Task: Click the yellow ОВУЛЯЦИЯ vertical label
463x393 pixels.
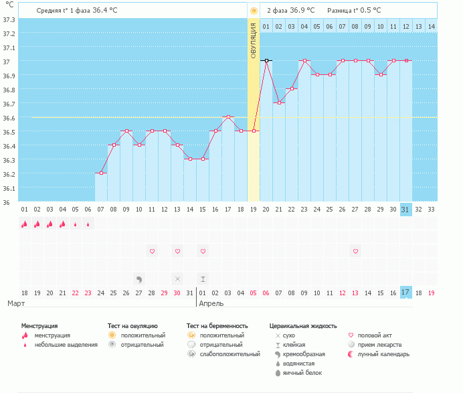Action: tap(253, 41)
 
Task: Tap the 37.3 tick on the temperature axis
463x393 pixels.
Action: tap(9, 19)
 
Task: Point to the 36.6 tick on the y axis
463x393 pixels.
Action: tap(9, 118)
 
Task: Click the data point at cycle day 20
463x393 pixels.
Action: tap(266, 60)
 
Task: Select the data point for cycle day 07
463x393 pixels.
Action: tap(101, 173)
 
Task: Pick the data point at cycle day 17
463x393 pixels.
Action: tap(228, 116)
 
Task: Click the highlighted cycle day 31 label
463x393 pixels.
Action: tap(405, 210)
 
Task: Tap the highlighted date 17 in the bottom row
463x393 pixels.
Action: tap(405, 293)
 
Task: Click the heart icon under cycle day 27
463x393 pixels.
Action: tap(355, 251)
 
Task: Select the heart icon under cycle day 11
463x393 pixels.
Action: tap(152, 251)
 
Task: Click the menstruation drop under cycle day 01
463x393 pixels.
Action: tap(25, 224)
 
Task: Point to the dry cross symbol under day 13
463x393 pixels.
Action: tap(177, 279)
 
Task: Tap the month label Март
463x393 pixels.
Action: tap(17, 303)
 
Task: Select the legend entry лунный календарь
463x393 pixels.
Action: tap(384, 353)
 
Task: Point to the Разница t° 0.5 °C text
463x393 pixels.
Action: tap(354, 11)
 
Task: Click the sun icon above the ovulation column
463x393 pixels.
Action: tap(253, 11)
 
